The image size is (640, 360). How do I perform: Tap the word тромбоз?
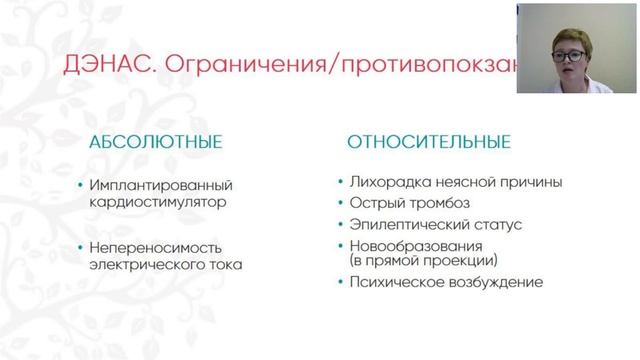436,204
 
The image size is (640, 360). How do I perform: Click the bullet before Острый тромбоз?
337,204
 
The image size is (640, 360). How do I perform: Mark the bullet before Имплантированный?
78,186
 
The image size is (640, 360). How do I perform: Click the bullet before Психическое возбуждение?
337,282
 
